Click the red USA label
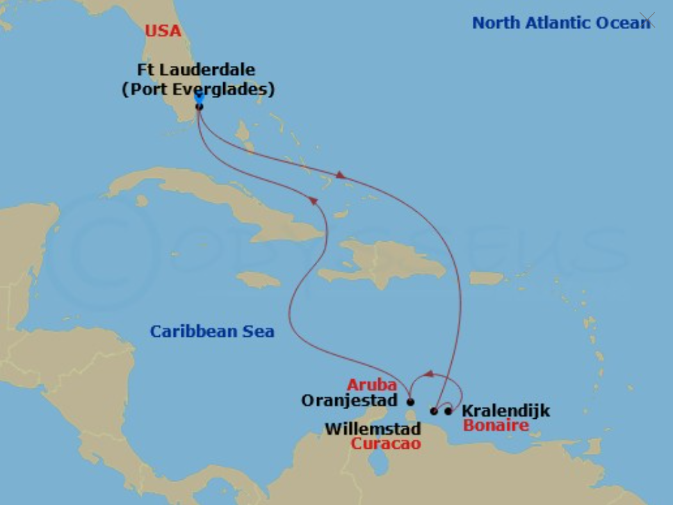click(x=163, y=31)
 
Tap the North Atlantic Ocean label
click(x=561, y=23)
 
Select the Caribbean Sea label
click(x=212, y=331)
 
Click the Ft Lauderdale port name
click(x=197, y=70)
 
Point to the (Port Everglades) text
click(x=198, y=90)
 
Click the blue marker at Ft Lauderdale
click(x=200, y=100)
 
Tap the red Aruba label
click(x=372, y=385)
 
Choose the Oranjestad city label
click(x=349, y=401)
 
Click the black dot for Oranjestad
click(x=410, y=401)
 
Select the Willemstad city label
click(x=373, y=429)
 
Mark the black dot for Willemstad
click(x=434, y=411)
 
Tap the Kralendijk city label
click(x=505, y=411)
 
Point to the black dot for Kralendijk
click(x=448, y=411)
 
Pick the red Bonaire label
click(x=496, y=425)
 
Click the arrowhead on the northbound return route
click(x=314, y=200)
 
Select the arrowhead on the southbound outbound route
click(x=341, y=175)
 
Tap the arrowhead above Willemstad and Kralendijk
click(x=428, y=374)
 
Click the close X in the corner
click(x=647, y=19)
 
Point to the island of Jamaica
click(x=258, y=279)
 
